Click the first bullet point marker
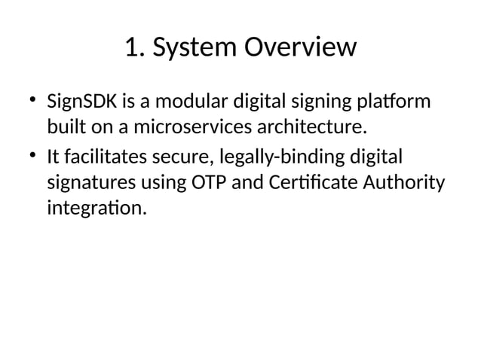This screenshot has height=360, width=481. (32, 99)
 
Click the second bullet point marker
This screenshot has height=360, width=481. (32, 156)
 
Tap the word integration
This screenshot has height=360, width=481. (94, 207)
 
